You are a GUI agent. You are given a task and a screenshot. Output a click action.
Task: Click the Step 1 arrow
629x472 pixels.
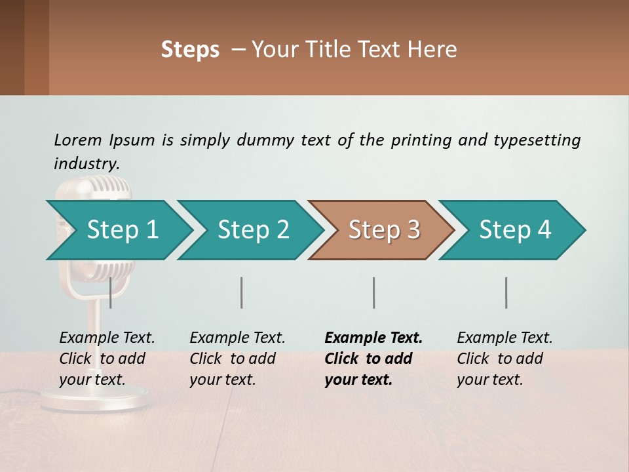121,230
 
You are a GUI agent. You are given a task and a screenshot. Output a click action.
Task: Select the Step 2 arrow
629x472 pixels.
252,230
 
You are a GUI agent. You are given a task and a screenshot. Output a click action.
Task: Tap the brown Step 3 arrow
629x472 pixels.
383,230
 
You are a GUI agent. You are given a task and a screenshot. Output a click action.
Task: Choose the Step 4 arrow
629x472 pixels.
514,230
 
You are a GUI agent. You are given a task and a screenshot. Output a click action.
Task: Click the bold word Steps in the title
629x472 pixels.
190,50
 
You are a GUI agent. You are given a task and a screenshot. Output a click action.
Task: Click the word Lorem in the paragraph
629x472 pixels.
78,140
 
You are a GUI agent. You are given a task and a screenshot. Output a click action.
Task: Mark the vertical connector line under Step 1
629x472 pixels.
111,292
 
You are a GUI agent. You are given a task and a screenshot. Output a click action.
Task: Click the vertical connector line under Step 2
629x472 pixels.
242,292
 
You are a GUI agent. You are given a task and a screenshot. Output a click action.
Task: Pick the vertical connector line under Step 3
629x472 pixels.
373,292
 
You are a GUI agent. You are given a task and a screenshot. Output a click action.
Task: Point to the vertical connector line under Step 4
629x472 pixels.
506,292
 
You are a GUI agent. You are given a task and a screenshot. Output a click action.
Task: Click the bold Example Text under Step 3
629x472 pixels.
373,338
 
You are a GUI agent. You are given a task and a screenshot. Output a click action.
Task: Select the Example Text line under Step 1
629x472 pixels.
107,338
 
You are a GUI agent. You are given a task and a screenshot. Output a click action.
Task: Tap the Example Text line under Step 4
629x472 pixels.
505,338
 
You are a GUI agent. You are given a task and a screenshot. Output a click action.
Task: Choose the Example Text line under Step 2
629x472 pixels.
237,338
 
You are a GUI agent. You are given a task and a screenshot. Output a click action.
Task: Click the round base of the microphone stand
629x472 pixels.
95,399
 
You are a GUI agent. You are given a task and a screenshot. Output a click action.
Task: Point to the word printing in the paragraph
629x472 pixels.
421,140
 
